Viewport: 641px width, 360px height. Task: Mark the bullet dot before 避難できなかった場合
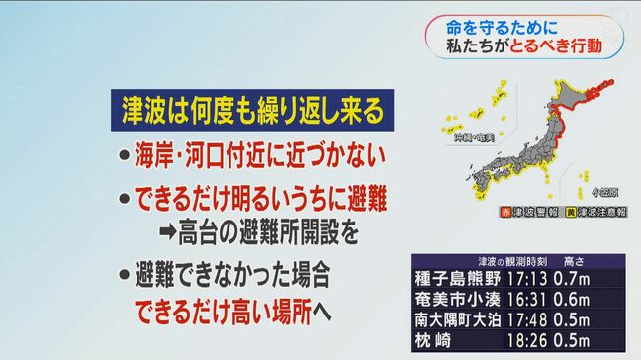[x=120, y=274]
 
